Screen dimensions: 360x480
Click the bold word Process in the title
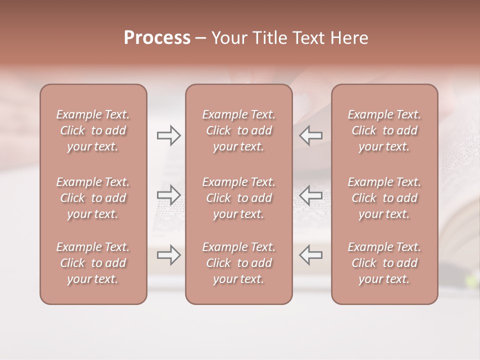[157, 38]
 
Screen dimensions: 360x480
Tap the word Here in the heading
[350, 38]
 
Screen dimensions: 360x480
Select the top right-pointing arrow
[168, 135]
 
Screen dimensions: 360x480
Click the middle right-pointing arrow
[168, 195]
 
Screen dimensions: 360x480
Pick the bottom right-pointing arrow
[168, 255]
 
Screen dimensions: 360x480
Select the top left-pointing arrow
[311, 135]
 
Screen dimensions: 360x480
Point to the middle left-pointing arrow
[311, 195]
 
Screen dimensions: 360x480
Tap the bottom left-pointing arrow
[311, 255]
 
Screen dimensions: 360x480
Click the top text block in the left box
[93, 130]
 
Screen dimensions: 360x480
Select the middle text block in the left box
[93, 198]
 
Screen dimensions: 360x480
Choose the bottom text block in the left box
[93, 263]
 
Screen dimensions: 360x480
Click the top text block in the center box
[238, 130]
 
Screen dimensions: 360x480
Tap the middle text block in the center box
[238, 198]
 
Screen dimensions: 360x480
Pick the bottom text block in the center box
[238, 263]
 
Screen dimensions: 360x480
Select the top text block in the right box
[384, 130]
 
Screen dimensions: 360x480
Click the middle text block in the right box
[384, 198]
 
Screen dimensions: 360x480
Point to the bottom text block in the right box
[384, 263]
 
